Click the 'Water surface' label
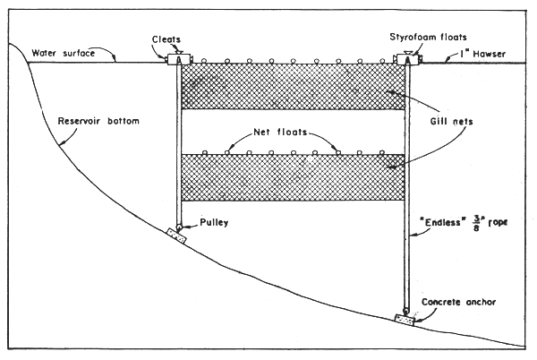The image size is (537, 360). [63, 53]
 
